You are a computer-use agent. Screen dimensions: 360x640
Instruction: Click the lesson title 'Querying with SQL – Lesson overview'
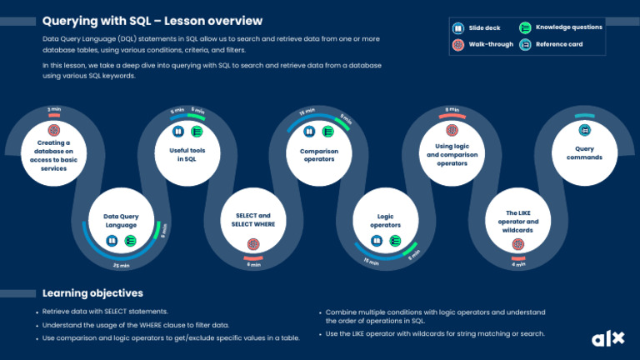[x=152, y=20]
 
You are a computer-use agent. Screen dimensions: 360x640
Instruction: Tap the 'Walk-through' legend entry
[x=487, y=43]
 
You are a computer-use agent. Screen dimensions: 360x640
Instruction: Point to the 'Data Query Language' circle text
[x=121, y=220]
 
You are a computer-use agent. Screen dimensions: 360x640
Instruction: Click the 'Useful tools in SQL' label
[x=187, y=154]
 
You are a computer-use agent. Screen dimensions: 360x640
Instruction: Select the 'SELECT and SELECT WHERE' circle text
[x=252, y=220]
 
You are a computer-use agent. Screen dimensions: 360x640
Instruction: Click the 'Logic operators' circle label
[x=385, y=220]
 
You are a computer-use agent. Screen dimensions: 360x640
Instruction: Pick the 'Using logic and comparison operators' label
[x=452, y=154]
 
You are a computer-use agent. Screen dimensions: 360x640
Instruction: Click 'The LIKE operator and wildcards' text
[x=517, y=222]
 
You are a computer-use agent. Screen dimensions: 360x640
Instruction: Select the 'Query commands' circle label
[x=584, y=153]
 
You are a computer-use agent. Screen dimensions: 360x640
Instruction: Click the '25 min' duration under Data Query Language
[x=121, y=266]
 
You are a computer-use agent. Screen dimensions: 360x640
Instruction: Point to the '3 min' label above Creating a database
[x=54, y=109]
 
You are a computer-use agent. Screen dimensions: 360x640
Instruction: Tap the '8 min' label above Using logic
[x=452, y=109]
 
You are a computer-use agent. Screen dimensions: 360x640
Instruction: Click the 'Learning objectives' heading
[x=92, y=293]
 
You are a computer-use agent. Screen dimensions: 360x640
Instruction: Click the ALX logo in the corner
[x=607, y=338]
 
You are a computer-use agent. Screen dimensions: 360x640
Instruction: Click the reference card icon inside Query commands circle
[x=584, y=130]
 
